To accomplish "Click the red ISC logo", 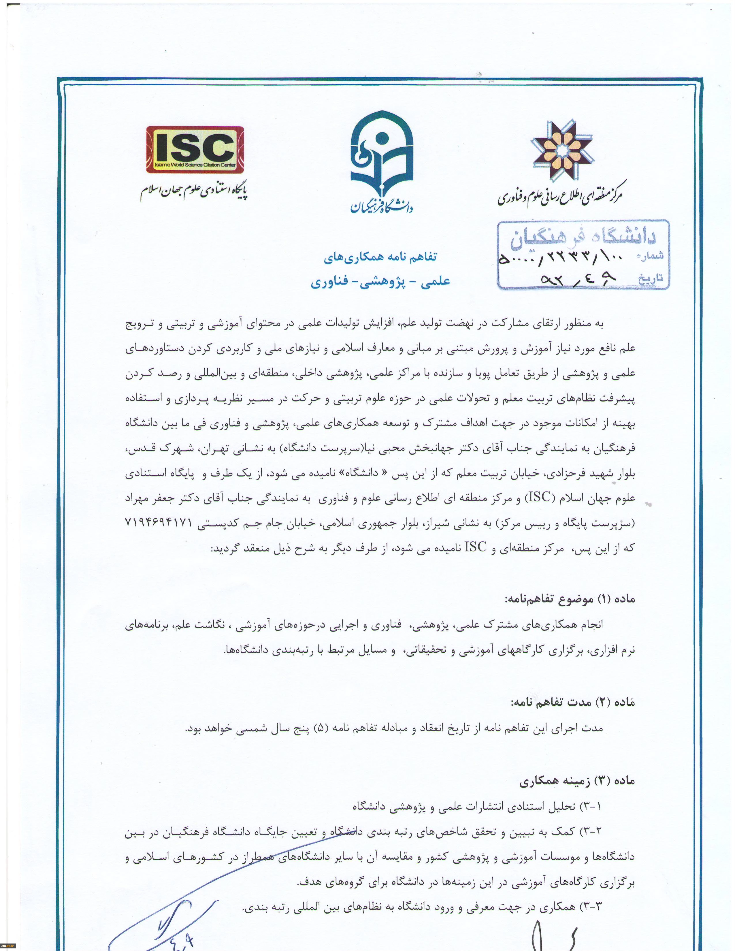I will (195, 149).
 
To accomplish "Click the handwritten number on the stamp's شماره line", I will (562, 260).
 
